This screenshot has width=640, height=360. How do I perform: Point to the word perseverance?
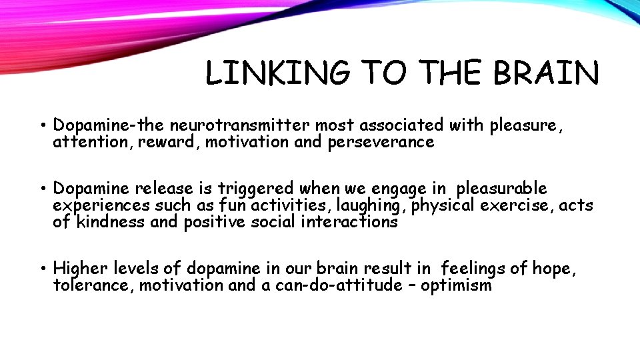point(381,142)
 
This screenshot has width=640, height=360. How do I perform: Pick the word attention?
point(93,142)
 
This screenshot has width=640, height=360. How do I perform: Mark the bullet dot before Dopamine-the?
point(42,125)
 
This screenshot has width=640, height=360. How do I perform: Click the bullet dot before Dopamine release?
point(42,189)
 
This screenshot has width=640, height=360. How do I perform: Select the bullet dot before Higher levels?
point(42,269)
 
